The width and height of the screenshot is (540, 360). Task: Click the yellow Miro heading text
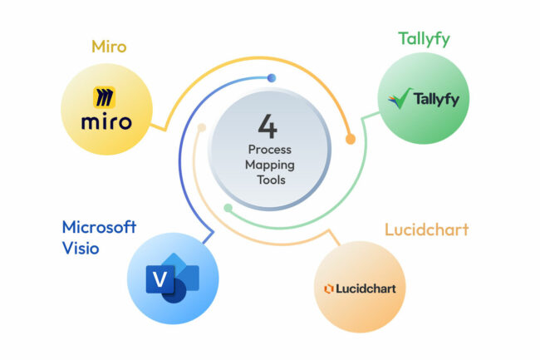[x=109, y=47]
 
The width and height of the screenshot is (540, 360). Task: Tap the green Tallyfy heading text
[x=424, y=40]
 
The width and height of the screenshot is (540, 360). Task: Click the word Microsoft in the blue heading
[x=99, y=227]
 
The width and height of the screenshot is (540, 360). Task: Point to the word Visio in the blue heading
[x=81, y=247]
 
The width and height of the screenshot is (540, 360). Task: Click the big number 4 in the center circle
[x=268, y=127]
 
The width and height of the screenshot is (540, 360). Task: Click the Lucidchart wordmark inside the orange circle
[x=365, y=288]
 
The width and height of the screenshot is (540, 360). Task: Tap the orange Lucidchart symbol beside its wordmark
[x=328, y=288]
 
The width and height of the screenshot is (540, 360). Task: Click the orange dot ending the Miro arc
[x=350, y=139]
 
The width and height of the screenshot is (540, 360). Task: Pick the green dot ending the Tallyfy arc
[x=228, y=207]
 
